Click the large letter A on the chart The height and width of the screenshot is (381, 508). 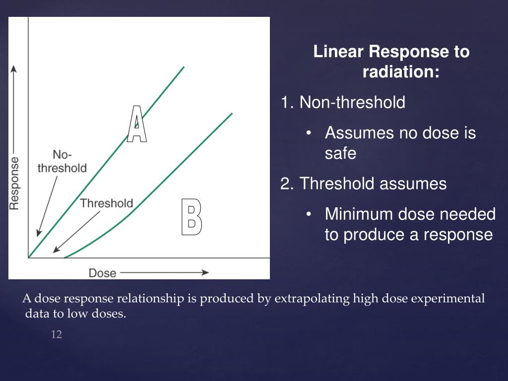tap(137, 124)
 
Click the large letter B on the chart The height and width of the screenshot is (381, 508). tap(191, 217)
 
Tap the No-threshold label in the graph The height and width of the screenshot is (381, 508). tap(62, 162)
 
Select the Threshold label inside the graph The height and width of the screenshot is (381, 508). tap(107, 203)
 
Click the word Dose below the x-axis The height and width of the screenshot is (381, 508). tap(102, 273)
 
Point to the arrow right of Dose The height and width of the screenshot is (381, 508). tap(164, 272)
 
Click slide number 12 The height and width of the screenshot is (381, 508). tap(57, 335)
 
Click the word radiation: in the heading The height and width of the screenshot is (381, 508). tap(401, 72)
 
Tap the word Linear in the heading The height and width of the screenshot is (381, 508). tap(339, 52)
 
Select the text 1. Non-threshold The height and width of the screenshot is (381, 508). tap(343, 103)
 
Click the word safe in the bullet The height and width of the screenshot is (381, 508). tap(340, 153)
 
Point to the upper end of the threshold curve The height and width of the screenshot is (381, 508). tap(231, 114)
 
